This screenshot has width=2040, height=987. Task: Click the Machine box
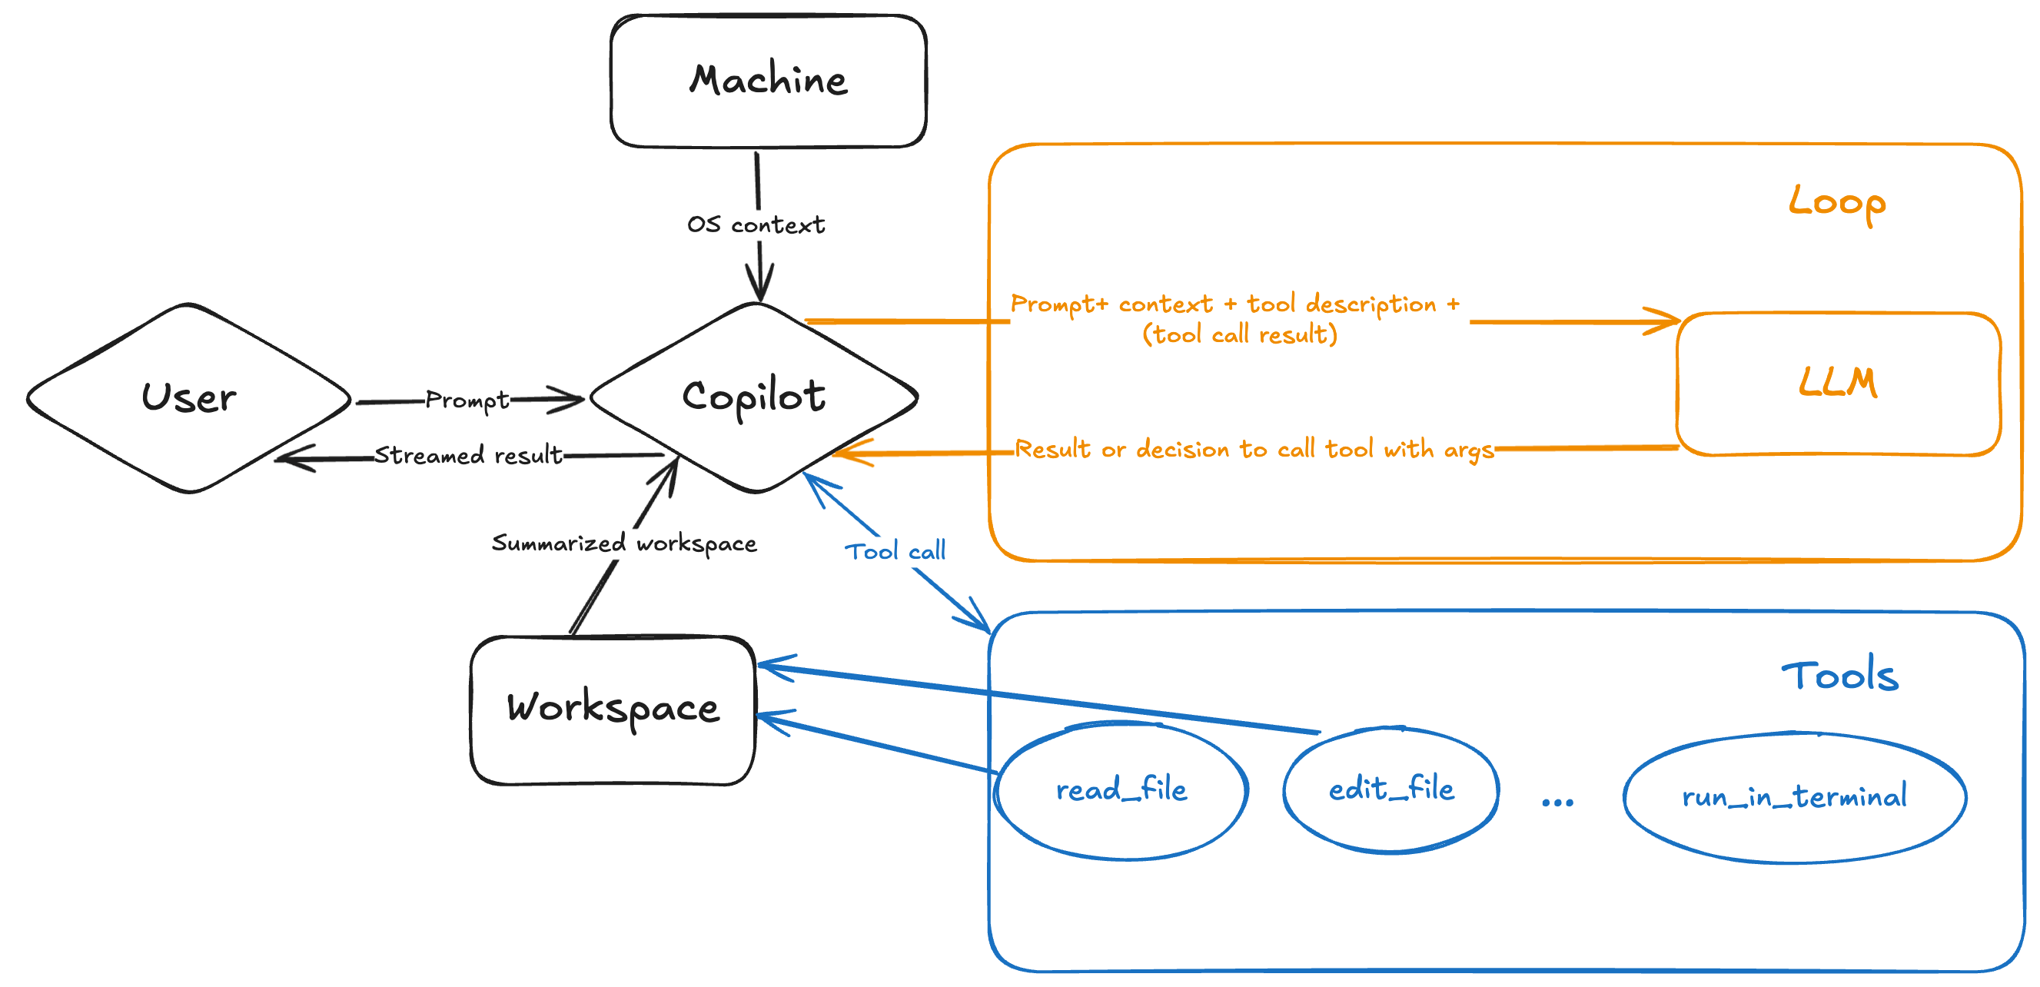tap(768, 81)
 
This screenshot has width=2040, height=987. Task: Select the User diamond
tap(188, 397)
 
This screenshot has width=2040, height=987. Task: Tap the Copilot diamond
tap(753, 397)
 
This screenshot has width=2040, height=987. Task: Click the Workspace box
tap(613, 709)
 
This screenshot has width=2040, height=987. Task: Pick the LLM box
tap(1838, 384)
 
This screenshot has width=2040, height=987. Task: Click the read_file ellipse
tap(1121, 790)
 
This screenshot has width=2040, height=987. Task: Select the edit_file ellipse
tap(1391, 789)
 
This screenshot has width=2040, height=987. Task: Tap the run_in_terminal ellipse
tap(1795, 797)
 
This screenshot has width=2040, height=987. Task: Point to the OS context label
tap(756, 225)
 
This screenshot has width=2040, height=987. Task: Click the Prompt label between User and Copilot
tap(467, 400)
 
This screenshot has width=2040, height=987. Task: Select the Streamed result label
tap(468, 456)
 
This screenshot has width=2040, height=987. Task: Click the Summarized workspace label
tap(624, 543)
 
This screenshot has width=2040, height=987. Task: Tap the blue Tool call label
tap(895, 551)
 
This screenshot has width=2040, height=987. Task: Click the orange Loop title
tap(1837, 203)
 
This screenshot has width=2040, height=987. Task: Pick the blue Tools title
tap(1839, 676)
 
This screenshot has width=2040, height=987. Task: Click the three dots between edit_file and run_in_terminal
tap(1557, 803)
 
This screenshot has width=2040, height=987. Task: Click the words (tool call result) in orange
tap(1239, 334)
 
